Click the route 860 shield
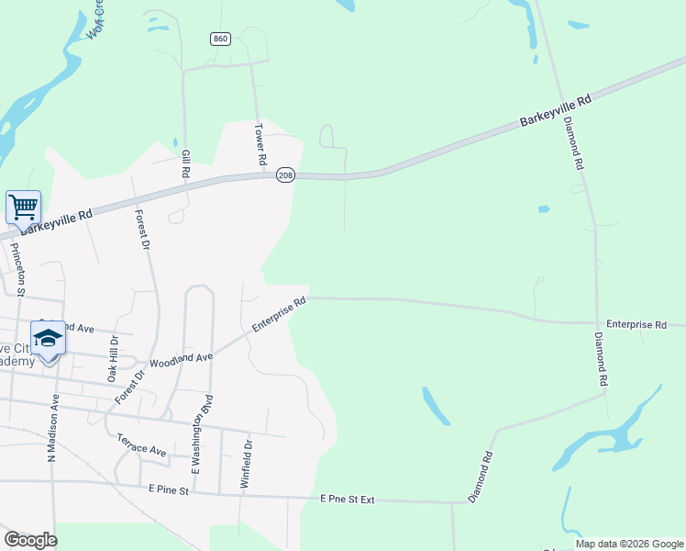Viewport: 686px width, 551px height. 220,39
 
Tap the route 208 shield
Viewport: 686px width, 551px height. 285,174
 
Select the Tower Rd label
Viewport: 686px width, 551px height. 260,145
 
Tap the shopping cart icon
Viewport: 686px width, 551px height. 23,206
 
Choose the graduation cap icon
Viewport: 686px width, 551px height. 48,338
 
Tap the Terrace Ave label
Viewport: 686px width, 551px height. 141,445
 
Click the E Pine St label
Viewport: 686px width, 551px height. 168,491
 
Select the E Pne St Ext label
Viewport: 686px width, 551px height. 348,499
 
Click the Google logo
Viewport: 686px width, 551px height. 30,540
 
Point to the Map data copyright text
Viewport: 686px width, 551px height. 628,544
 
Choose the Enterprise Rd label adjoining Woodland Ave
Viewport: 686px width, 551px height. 279,315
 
